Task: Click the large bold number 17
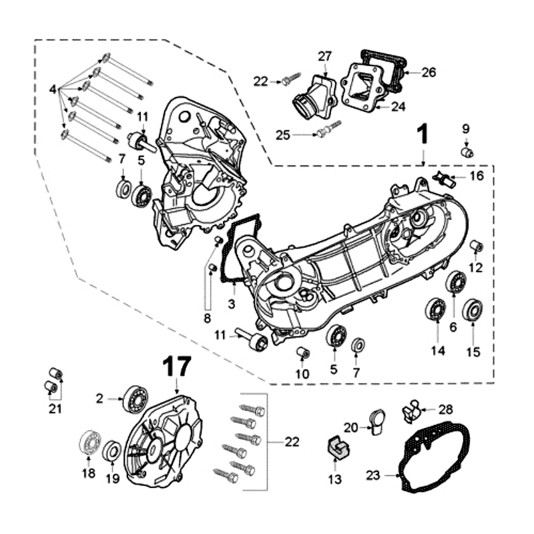coord(177,366)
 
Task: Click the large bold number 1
coord(423,136)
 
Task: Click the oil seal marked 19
coord(112,452)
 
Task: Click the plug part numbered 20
coord(376,420)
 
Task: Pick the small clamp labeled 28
coord(411,410)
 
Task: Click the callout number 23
coord(372,476)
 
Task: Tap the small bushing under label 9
coord(467,153)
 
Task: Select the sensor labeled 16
coord(443,179)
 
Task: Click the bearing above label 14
coord(437,310)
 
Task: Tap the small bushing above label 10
coord(303,352)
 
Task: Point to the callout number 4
coord(53,88)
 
